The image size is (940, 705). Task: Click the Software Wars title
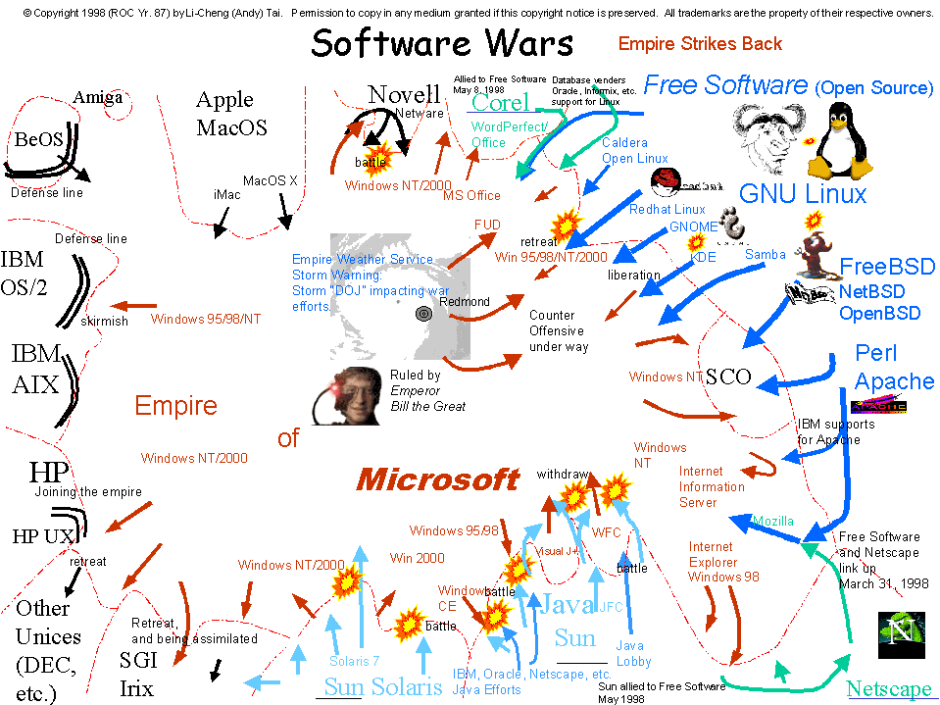point(442,44)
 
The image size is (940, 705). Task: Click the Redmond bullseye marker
point(423,314)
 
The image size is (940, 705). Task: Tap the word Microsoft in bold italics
point(437,479)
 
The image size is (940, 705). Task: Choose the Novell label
point(404,94)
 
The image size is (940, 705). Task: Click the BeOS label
point(39,140)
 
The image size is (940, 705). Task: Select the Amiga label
point(99,97)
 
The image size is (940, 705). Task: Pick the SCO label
point(728,377)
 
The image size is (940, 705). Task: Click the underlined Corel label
point(500,103)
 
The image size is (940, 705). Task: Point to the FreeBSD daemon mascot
point(816,255)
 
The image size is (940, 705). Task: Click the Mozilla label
point(773,521)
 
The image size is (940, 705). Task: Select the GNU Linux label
point(803,193)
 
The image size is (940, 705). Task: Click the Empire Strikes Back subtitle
point(700,43)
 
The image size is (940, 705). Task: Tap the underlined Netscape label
point(889,688)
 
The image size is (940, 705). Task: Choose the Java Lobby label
point(629,653)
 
